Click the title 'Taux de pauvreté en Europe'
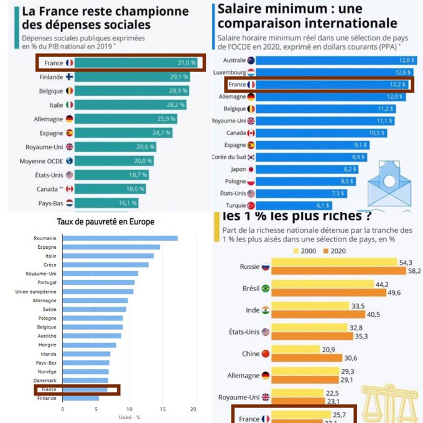[x=106, y=221]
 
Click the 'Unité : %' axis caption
[x=129, y=417]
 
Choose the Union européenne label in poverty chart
[x=37, y=291]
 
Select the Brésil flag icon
[x=266, y=289]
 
